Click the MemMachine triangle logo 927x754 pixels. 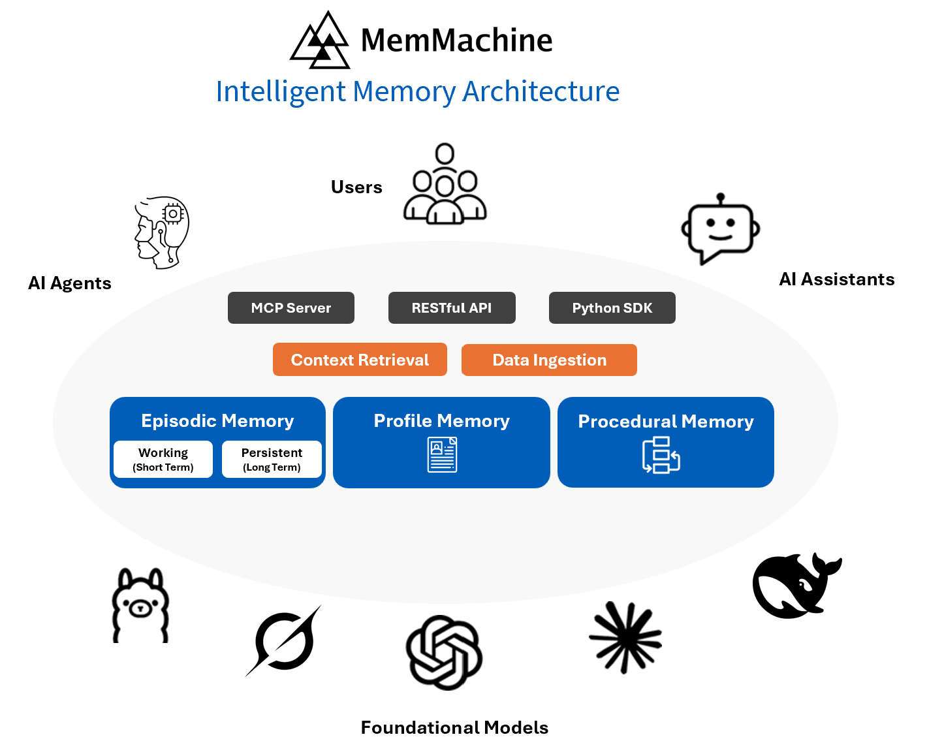coord(320,41)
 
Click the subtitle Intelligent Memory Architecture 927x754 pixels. coord(417,91)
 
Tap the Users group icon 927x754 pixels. coord(445,185)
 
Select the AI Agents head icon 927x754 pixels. coord(162,232)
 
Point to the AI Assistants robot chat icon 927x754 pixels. coord(720,229)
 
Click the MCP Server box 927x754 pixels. coord(291,307)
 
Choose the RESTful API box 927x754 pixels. coord(452,307)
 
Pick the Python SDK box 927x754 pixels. coord(612,307)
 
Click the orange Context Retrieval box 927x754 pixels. coord(360,360)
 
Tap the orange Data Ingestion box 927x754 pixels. coord(549,360)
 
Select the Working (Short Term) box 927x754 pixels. coord(163,460)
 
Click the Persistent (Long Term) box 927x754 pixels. coord(272,460)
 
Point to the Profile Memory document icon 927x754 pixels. coord(442,455)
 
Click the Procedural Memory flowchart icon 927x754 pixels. coord(661,455)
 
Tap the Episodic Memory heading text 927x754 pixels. coord(217,421)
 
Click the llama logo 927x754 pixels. coord(140,606)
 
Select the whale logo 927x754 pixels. coord(795,586)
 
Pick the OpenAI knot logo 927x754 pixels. coord(444,652)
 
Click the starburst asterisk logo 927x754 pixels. coord(625,638)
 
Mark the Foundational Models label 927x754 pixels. coord(454,727)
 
